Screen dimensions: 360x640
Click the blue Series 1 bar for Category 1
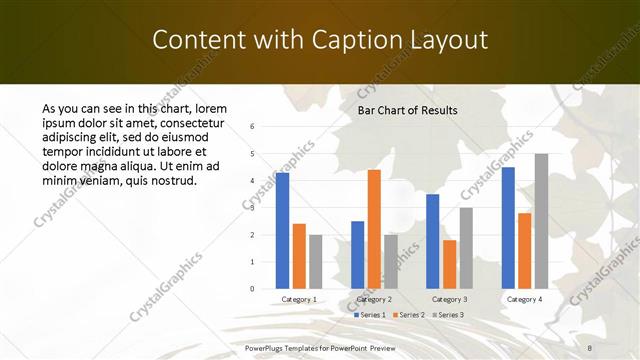[283, 231]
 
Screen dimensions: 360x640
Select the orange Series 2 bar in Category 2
[374, 229]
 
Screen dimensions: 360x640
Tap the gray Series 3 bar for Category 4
[541, 221]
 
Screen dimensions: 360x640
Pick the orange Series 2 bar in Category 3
[449, 264]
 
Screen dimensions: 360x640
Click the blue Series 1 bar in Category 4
[508, 228]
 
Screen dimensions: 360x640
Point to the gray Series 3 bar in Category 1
[316, 262]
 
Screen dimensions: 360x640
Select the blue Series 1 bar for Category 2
[358, 255]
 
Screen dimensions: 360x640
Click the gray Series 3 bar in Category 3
[466, 248]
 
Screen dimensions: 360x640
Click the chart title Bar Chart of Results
[407, 110]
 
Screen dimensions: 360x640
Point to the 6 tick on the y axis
[253, 127]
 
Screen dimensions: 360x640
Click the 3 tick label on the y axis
[253, 208]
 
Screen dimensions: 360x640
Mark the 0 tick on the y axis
[253, 289]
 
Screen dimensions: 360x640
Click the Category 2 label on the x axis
[374, 299]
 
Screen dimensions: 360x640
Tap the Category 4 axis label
[524, 299]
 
